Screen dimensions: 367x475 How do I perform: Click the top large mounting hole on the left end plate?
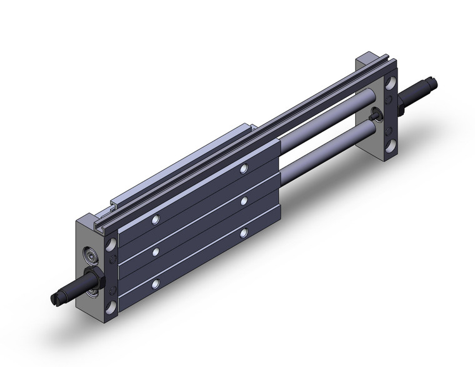pyautogui.click(x=111, y=243)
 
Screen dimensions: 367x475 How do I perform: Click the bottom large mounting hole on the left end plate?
pyautogui.click(x=110, y=306)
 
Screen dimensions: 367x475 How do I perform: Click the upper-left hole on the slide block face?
pyautogui.click(x=156, y=219)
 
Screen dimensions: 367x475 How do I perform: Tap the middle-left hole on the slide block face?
pyautogui.click(x=154, y=251)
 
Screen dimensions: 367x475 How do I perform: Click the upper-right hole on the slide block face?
pyautogui.click(x=244, y=168)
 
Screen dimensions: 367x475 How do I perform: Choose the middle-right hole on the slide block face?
pyautogui.click(x=244, y=201)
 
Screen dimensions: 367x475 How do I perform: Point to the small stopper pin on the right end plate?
pyautogui.click(x=376, y=114)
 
